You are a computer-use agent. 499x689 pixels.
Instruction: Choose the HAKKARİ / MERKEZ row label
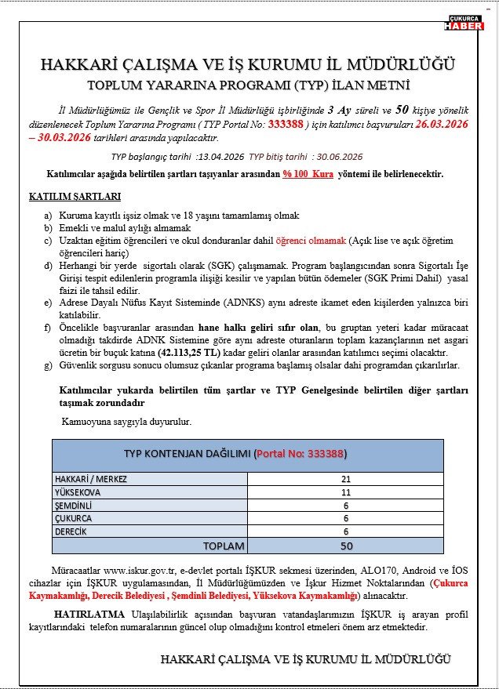point(91,479)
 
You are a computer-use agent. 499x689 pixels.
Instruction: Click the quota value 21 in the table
point(346,479)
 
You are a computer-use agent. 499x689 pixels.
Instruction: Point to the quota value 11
point(346,492)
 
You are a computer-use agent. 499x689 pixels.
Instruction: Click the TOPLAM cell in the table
point(224,546)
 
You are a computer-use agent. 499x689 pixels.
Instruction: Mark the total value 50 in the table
point(346,546)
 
